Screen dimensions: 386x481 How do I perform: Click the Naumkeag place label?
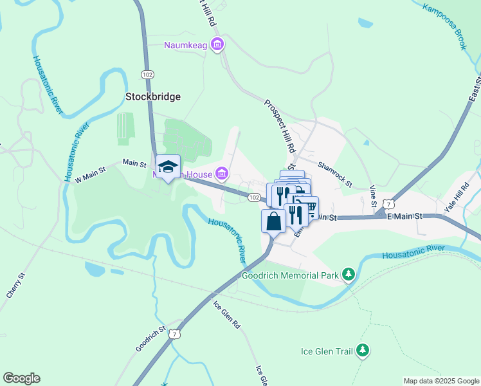(186, 44)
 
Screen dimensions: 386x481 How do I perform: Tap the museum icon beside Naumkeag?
(217, 44)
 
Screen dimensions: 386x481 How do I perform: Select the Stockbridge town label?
(152, 96)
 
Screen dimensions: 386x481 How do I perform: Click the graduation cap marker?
(168, 167)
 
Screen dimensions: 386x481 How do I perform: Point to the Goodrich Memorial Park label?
(289, 275)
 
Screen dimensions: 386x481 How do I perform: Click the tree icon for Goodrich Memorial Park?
(348, 275)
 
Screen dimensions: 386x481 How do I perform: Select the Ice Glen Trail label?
(327, 351)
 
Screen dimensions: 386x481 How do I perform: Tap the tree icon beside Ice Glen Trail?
(363, 351)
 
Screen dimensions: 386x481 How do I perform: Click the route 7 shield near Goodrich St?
(173, 334)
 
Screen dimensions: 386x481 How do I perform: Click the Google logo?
(21, 378)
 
